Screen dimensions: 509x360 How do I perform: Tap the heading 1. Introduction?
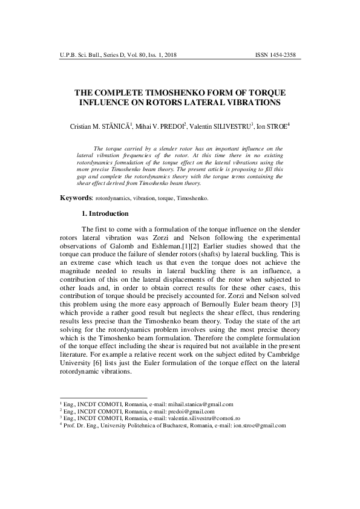coord(105,213)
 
